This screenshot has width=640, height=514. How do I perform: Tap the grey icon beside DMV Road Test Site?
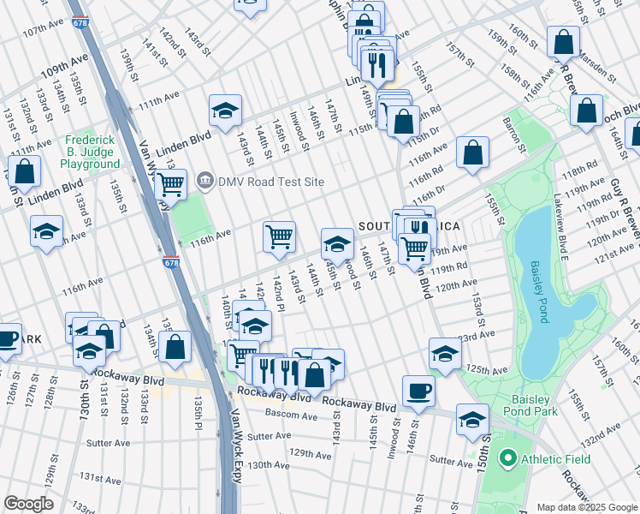(205, 181)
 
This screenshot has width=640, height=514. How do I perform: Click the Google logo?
(29, 504)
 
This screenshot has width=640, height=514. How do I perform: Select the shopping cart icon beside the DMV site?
(171, 184)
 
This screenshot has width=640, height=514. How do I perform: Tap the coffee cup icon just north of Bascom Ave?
(418, 391)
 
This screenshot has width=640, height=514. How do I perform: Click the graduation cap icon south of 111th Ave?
(225, 111)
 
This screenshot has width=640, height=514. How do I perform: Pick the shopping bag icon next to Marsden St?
(564, 41)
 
